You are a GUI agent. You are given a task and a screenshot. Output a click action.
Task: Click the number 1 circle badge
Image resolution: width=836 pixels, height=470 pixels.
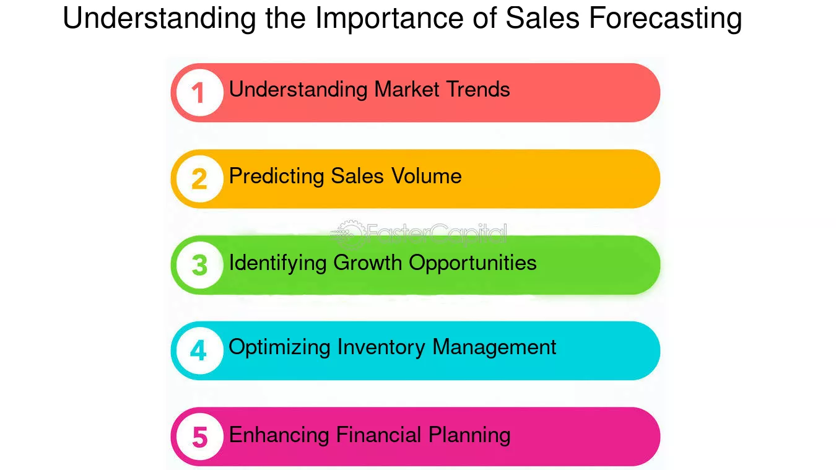(x=199, y=93)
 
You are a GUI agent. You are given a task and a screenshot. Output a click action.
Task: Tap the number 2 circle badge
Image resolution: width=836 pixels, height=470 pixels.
(x=199, y=179)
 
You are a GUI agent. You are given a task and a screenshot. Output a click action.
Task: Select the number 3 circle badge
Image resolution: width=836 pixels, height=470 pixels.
(x=199, y=265)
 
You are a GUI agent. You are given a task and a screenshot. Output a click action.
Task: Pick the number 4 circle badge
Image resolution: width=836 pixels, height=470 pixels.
(x=199, y=350)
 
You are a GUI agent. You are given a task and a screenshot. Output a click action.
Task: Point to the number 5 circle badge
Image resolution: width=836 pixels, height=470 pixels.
(x=199, y=437)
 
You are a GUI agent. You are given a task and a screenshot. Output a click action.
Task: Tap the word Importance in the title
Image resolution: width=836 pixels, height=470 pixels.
(x=389, y=18)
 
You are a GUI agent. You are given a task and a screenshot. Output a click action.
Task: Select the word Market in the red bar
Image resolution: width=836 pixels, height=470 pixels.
(x=406, y=90)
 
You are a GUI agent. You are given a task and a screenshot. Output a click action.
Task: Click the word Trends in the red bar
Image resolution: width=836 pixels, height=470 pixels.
(x=478, y=90)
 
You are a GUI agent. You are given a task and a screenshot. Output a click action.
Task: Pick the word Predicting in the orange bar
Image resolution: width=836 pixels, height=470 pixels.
(x=277, y=176)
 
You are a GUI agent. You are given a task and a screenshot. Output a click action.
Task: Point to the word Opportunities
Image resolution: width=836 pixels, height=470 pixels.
(x=472, y=263)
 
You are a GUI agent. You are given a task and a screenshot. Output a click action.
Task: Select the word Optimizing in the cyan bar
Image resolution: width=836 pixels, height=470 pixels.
(x=279, y=348)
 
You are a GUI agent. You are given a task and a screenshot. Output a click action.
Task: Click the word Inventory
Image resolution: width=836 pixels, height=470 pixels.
(x=381, y=348)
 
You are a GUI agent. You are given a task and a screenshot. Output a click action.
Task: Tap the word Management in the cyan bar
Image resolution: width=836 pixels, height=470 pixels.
(x=495, y=348)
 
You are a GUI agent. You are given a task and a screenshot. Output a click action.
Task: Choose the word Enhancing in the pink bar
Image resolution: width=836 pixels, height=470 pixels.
(x=279, y=435)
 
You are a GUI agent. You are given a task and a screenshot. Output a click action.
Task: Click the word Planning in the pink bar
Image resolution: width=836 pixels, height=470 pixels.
(x=469, y=435)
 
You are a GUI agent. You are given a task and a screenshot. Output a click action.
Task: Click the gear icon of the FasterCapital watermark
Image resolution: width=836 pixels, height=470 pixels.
(x=349, y=234)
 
